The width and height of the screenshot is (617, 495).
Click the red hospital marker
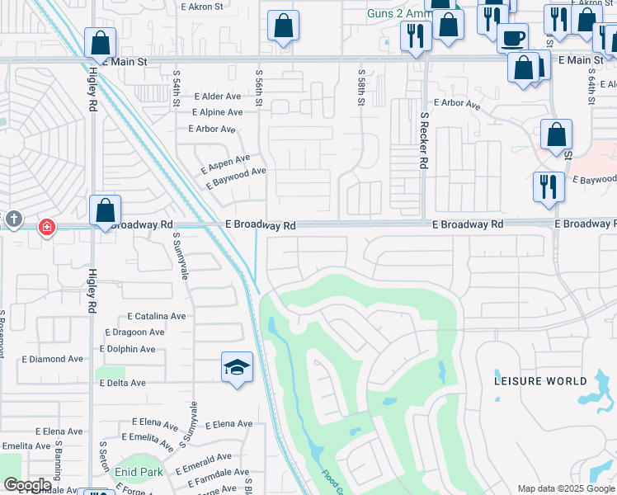(47, 226)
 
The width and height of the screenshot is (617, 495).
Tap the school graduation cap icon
(237, 368)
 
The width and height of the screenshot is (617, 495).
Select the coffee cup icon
(513, 39)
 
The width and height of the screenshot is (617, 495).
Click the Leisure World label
(541, 381)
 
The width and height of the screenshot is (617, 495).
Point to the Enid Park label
(139, 472)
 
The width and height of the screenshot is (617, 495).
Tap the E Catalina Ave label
(157, 316)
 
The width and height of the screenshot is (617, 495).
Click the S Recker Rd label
(423, 141)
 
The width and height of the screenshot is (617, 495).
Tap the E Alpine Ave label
(218, 112)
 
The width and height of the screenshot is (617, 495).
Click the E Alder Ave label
(215, 97)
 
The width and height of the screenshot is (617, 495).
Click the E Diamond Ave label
(53, 359)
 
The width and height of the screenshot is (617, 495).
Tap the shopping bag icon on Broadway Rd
(106, 211)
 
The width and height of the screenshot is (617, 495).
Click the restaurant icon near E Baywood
(549, 187)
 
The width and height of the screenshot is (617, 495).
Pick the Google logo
(27, 485)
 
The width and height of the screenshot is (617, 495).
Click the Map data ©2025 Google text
(565, 488)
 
